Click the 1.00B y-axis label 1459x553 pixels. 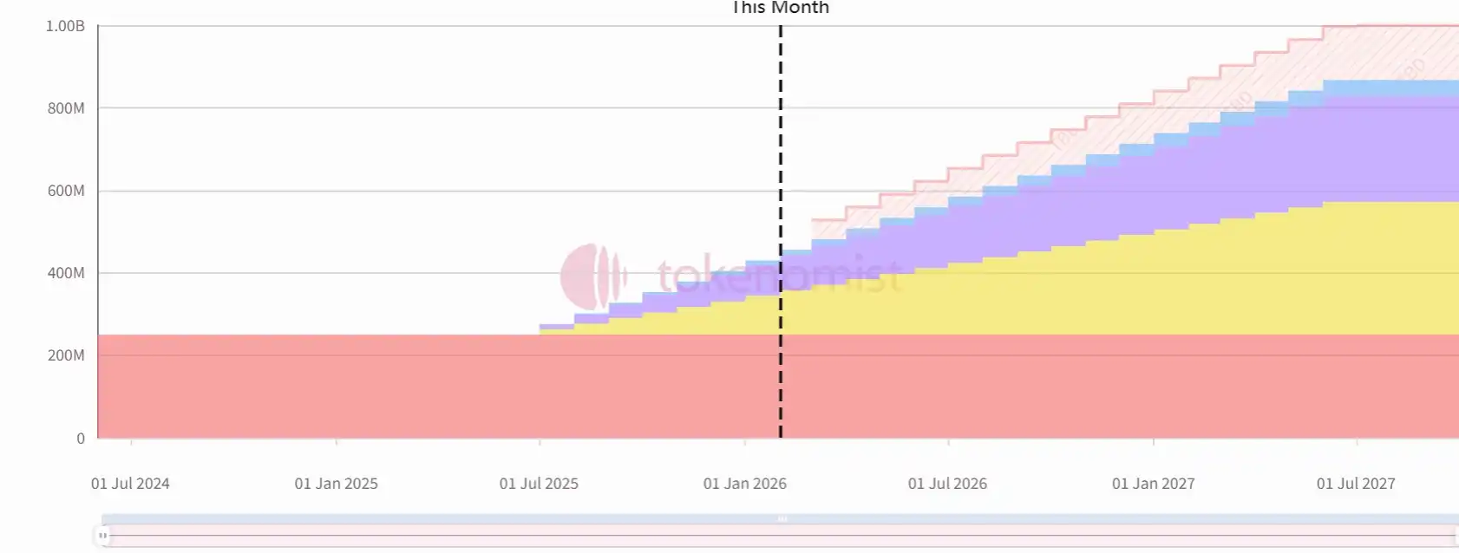(x=65, y=26)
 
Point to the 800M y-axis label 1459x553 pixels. (x=66, y=108)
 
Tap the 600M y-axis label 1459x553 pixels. (x=66, y=191)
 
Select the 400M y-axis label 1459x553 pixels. (x=66, y=273)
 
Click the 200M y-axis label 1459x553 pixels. (x=66, y=355)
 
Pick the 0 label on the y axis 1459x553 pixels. (x=81, y=439)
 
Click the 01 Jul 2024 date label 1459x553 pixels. (x=130, y=484)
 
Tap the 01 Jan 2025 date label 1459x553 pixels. (x=336, y=484)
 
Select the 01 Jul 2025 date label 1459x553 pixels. (x=539, y=484)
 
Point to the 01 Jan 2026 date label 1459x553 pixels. (x=744, y=484)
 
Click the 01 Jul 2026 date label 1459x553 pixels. (x=947, y=484)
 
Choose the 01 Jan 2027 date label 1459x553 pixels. (x=1153, y=484)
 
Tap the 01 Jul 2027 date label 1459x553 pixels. (x=1356, y=484)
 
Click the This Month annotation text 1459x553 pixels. (x=781, y=8)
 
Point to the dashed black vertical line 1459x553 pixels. (x=781, y=173)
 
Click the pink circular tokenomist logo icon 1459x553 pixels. (x=592, y=276)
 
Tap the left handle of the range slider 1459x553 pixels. (x=102, y=536)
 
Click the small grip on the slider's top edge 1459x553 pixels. (x=782, y=519)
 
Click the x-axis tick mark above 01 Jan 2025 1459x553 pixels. (x=336, y=442)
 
